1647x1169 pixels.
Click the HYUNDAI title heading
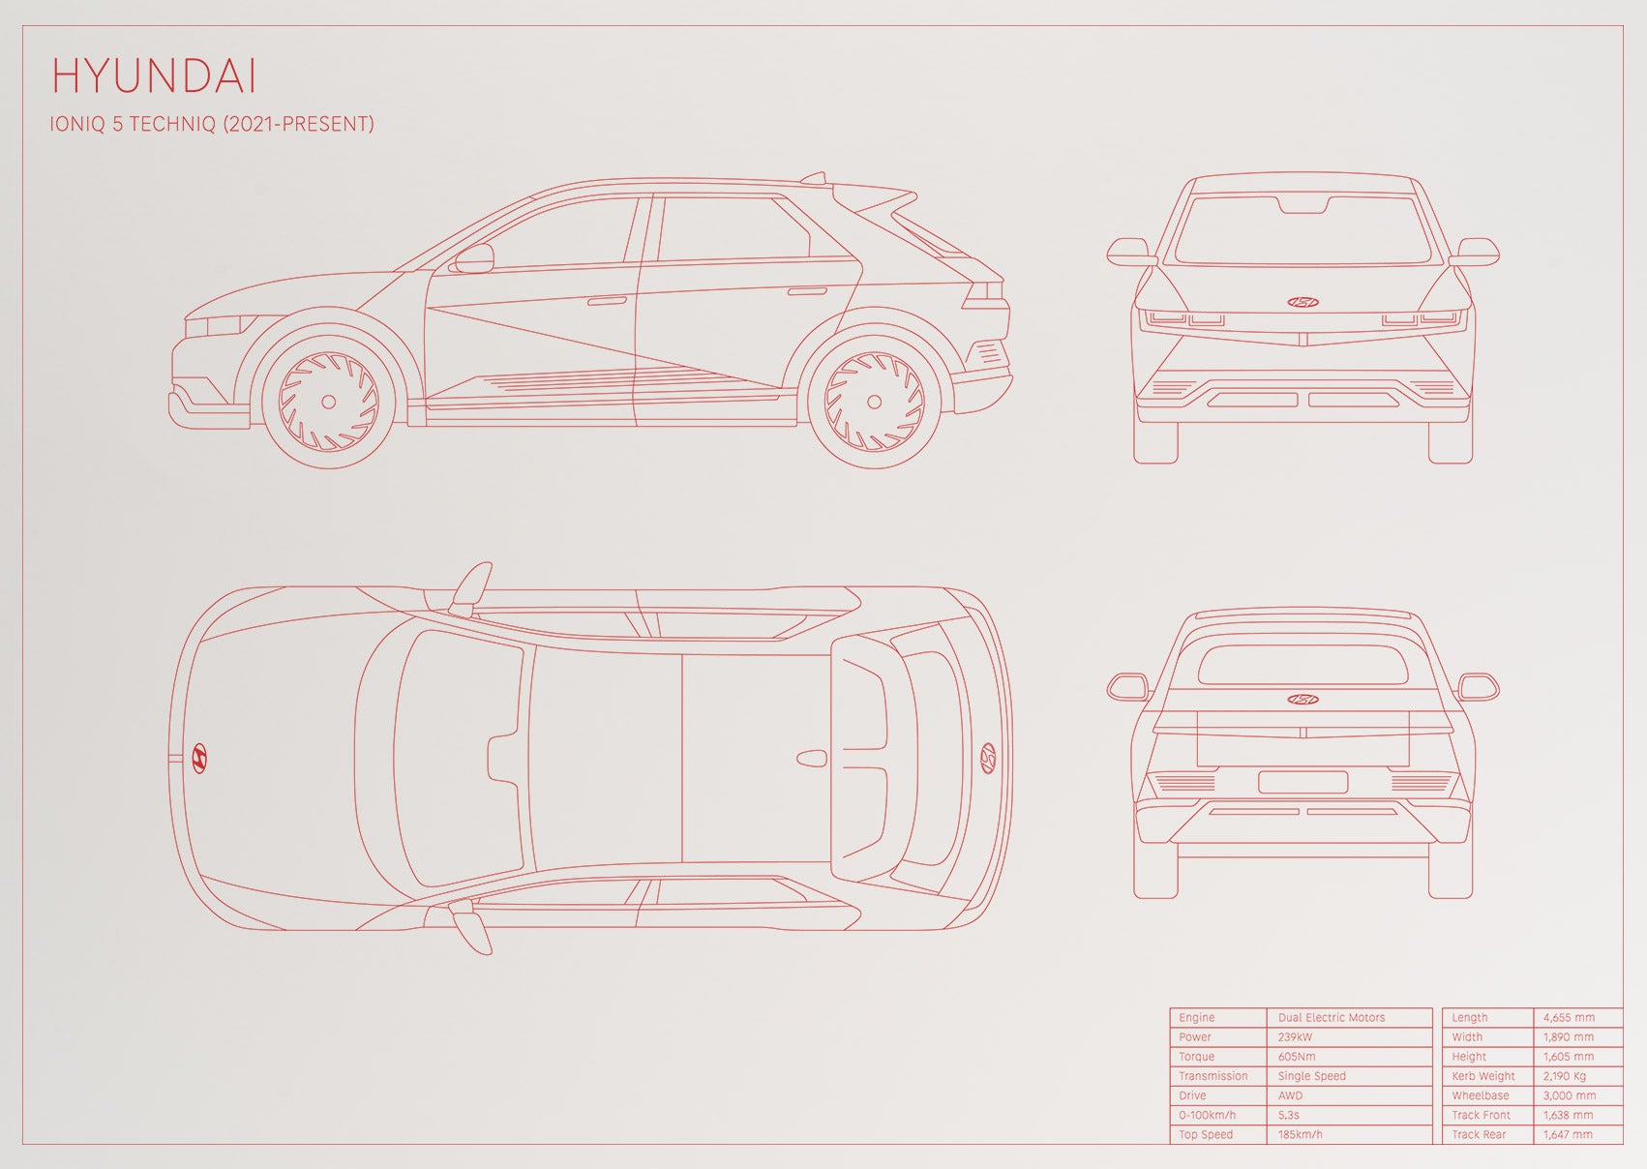point(155,76)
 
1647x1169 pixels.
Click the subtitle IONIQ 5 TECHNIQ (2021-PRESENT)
point(212,124)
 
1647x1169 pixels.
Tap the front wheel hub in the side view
point(329,402)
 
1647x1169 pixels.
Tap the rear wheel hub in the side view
point(874,402)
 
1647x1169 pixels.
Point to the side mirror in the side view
point(473,258)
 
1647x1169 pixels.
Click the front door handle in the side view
point(607,300)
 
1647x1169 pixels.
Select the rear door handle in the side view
point(806,292)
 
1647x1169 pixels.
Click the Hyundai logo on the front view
point(1303,302)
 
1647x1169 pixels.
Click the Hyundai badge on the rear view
point(1303,700)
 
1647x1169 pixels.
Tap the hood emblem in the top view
point(199,758)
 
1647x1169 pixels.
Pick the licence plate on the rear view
point(1303,782)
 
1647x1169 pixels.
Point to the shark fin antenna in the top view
point(811,758)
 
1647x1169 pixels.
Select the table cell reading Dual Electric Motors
point(1332,1017)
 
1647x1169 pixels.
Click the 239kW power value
point(1295,1037)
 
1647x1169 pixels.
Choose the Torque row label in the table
point(1196,1057)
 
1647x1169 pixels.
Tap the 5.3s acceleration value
point(1288,1116)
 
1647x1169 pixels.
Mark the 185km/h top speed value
point(1300,1134)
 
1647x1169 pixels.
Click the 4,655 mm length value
point(1569,1017)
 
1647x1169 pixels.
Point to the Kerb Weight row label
point(1483,1076)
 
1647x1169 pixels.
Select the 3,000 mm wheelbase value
point(1569,1095)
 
